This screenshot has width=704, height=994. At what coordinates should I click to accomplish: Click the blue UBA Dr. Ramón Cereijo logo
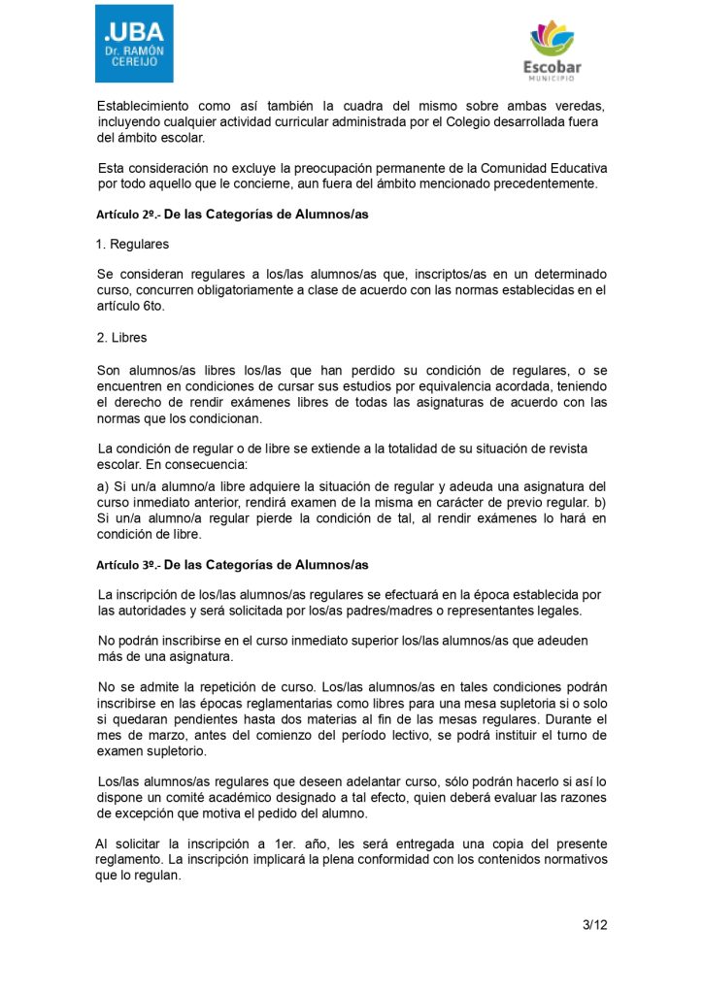click(134, 44)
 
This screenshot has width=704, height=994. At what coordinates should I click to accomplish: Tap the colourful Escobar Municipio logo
click(553, 52)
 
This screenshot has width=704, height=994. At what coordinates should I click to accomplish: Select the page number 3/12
click(594, 925)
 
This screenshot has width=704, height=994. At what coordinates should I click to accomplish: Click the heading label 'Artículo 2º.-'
click(127, 215)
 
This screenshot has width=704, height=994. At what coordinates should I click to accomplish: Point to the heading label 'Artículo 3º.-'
click(127, 565)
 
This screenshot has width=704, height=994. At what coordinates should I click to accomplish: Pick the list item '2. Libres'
click(122, 338)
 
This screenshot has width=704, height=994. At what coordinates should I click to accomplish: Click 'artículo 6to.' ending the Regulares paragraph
click(132, 306)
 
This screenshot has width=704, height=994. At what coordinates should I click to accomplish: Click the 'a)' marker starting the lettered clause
click(103, 486)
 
